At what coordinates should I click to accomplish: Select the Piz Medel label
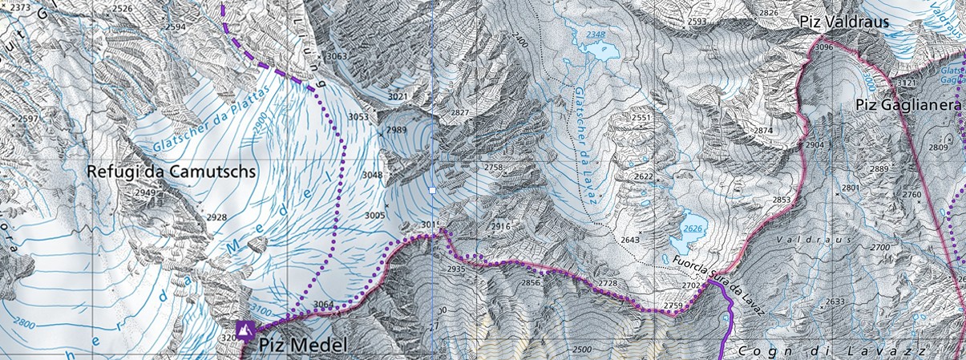point(303,346)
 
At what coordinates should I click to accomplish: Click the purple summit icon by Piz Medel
point(245,330)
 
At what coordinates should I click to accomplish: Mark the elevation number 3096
point(823,48)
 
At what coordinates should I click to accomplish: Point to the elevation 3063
point(337,56)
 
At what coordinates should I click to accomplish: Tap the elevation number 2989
point(395,130)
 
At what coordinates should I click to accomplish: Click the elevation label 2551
point(641,118)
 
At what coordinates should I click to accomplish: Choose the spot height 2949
point(144,192)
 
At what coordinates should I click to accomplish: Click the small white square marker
point(432,191)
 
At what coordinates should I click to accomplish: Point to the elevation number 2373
point(18,8)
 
